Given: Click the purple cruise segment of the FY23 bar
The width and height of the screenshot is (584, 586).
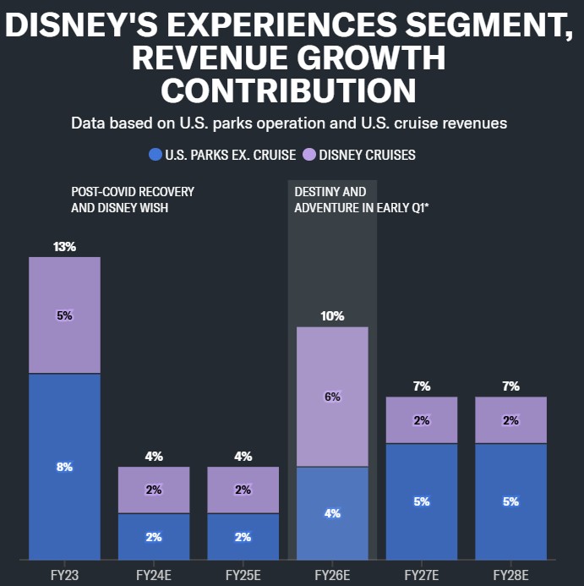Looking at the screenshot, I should tap(64, 315).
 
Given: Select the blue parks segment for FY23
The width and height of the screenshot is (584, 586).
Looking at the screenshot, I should tap(64, 466).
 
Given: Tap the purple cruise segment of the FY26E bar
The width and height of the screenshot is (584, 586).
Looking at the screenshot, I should tap(332, 397).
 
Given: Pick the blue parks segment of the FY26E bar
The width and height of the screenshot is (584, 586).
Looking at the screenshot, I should tap(332, 512).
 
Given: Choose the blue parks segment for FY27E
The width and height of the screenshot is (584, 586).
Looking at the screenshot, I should tap(422, 501).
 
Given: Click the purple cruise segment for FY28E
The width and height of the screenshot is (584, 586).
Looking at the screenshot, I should tap(510, 420).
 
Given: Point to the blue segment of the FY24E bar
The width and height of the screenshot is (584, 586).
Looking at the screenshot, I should tap(154, 536).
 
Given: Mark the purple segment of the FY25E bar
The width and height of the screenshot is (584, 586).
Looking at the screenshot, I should tap(243, 490).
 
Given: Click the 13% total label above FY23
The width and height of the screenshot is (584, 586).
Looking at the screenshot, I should tap(64, 247).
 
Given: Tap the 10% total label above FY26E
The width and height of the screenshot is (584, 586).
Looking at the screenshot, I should tap(332, 316).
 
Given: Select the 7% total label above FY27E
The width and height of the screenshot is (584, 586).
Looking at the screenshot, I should tap(422, 386).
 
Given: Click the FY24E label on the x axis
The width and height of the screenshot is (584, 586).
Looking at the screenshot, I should tap(154, 574).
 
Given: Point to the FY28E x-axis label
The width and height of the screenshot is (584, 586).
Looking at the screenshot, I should tap(510, 574).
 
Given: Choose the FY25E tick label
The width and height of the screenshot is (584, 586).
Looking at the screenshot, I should tap(243, 574).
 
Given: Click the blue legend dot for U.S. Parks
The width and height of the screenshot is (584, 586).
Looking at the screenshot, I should tap(155, 155).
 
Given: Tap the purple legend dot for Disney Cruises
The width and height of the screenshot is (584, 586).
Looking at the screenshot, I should tap(309, 155).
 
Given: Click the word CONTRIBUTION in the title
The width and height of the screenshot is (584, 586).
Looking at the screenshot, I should tap(287, 90).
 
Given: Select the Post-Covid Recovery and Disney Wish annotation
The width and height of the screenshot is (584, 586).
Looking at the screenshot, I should tap(133, 200).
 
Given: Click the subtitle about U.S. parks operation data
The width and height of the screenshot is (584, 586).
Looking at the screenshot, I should tap(289, 123).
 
